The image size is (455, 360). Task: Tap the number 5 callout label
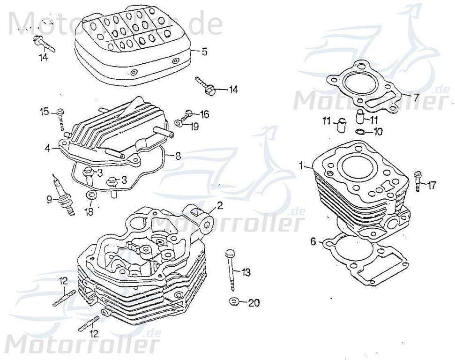pos(204,52)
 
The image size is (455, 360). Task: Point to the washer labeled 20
pos(233,301)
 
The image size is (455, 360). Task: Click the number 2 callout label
pos(220,205)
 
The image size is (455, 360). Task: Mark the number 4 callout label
pos(47,148)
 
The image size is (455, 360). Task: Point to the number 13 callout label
pos(246,272)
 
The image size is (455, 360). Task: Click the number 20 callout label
pos(253,303)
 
